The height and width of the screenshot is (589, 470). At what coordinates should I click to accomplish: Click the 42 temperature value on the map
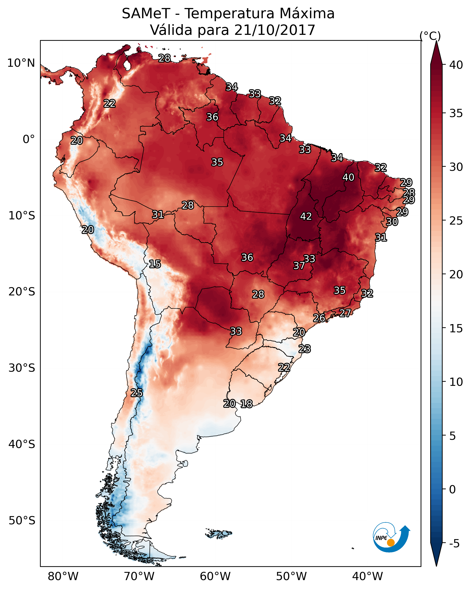[x=306, y=216]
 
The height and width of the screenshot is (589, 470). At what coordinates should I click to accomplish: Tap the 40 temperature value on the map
[x=348, y=177]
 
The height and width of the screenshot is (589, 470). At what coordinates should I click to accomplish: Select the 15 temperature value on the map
[x=155, y=264]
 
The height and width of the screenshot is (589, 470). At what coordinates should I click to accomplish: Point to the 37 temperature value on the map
[x=299, y=266]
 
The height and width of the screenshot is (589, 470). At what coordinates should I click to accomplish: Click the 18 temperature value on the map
[x=246, y=404]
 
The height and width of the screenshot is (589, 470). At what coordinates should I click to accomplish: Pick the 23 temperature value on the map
[x=304, y=349]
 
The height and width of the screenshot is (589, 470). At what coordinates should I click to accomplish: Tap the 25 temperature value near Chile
[x=136, y=393]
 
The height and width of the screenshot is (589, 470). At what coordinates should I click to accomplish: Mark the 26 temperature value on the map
[x=319, y=318]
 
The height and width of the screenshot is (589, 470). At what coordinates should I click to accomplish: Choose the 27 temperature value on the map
[x=345, y=313]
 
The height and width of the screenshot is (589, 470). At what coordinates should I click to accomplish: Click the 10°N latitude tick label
[x=21, y=63]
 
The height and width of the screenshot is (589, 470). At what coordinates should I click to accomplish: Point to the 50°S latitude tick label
[x=22, y=520]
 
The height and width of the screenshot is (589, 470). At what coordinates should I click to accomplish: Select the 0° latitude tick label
[x=29, y=139]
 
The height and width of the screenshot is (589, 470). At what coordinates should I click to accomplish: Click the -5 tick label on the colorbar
[x=454, y=543]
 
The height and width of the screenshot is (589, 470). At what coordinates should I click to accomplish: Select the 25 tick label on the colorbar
[x=456, y=221]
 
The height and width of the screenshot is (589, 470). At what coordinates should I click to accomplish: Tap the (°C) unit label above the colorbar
[x=430, y=36]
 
